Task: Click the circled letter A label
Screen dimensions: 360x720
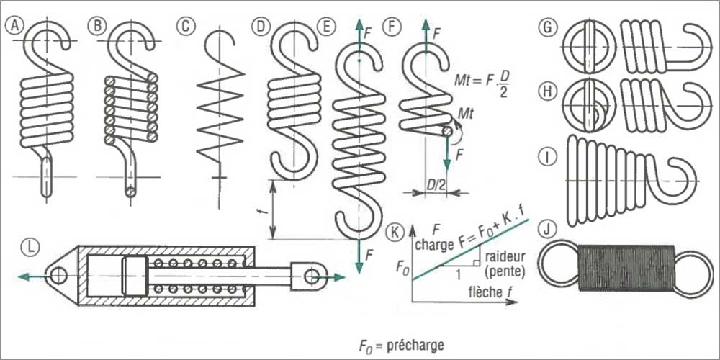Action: (x=15, y=26)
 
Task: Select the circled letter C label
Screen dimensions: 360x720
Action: (x=185, y=26)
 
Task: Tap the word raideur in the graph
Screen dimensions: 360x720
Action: (x=504, y=256)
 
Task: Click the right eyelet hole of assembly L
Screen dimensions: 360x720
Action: (x=312, y=275)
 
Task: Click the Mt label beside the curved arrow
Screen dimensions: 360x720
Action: (x=465, y=112)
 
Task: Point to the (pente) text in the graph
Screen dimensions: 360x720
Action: (x=503, y=271)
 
